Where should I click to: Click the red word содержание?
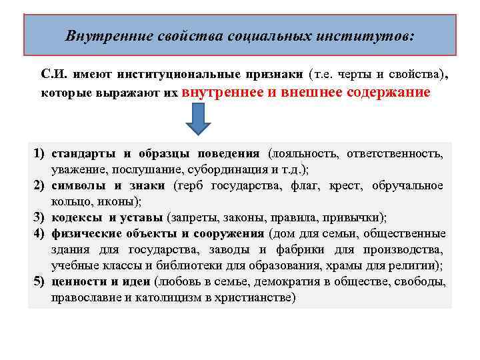(x=389, y=92)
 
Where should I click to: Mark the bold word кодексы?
(x=77, y=217)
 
